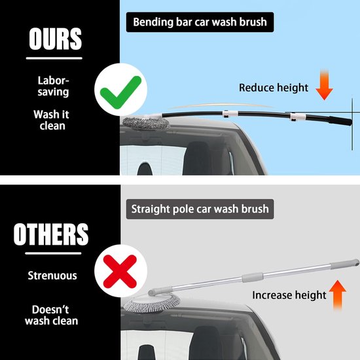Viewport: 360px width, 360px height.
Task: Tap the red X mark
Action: [120, 272]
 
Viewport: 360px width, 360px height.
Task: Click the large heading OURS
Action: [55, 39]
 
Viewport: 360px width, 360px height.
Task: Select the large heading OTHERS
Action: [51, 234]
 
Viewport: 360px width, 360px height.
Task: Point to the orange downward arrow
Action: [324, 84]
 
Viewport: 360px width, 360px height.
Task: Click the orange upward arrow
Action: [337, 295]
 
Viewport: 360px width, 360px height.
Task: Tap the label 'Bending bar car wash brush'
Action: [200, 22]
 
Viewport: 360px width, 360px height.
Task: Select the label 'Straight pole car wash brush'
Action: [200, 209]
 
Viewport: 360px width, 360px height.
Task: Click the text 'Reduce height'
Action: [274, 88]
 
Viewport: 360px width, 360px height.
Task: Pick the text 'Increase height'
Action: [289, 295]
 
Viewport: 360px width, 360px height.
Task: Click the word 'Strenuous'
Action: [52, 276]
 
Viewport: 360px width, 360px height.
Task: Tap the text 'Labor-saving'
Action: [53, 86]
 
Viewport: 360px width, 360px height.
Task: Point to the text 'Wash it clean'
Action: [51, 120]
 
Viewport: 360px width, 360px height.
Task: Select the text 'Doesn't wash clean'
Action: [52, 315]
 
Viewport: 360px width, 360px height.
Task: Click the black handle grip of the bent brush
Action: [340, 121]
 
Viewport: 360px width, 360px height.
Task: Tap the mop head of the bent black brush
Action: [146, 123]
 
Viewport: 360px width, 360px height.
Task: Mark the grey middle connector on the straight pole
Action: [252, 277]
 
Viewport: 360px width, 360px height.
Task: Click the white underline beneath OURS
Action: [54, 58]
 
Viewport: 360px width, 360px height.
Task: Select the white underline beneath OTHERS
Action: [53, 253]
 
